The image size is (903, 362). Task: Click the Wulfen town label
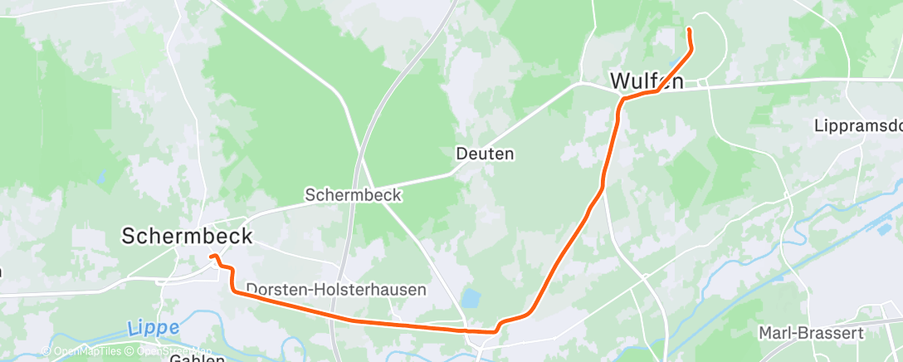[x=647, y=81]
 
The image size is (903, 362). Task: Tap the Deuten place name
[x=485, y=154]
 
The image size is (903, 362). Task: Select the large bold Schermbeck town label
[x=187, y=236]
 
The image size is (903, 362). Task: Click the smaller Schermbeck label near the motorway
[x=353, y=195]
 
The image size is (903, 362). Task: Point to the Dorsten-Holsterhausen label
[x=336, y=290]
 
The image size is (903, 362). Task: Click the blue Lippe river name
[x=154, y=329]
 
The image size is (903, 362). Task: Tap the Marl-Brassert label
[x=811, y=333]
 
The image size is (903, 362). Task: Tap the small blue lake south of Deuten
[x=470, y=297]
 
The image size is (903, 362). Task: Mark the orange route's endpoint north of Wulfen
[x=689, y=30]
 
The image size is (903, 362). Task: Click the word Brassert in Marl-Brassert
[x=831, y=333]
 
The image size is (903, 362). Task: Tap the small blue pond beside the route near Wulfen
[x=671, y=62]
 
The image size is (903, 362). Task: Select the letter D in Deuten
[x=461, y=154]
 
